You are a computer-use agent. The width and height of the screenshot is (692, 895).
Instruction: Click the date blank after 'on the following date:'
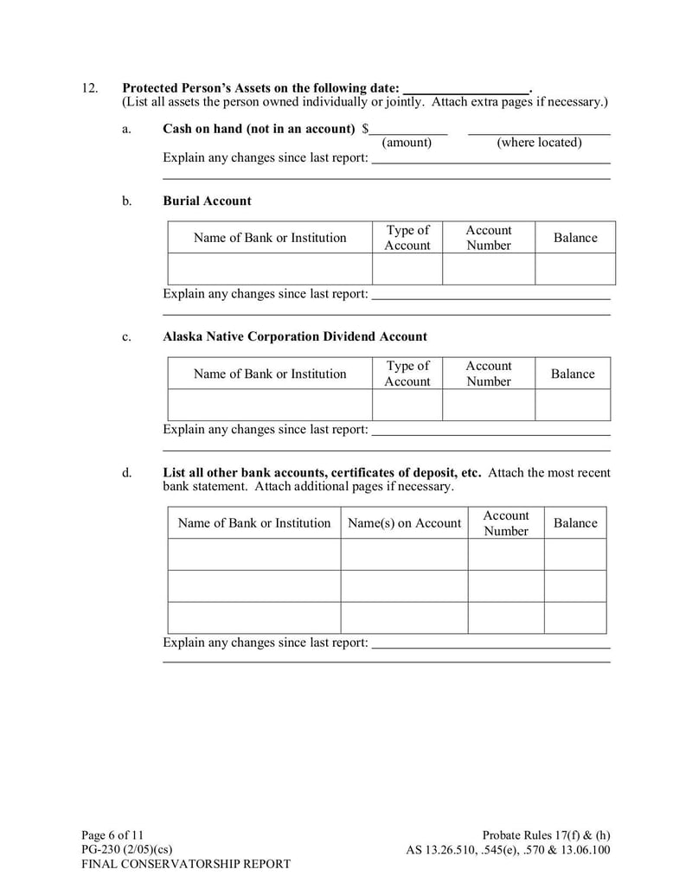pos(466,88)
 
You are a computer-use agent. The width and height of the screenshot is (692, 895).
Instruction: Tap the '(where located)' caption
pos(539,143)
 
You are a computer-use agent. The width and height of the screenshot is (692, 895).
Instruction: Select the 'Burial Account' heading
pos(207,201)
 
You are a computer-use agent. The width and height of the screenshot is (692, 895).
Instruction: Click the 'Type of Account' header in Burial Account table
pos(407,238)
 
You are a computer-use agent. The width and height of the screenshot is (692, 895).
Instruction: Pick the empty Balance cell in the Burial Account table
pos(574,269)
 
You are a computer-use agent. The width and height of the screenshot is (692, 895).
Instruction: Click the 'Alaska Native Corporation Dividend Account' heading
pos(295,336)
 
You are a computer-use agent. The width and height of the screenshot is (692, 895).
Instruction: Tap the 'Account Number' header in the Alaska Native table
pos(489,374)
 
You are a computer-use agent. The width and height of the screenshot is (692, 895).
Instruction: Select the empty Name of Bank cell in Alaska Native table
pos(269,405)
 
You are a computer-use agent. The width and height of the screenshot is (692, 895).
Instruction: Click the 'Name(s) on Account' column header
pos(404,523)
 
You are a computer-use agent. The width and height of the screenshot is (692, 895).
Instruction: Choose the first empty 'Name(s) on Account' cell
pos(404,554)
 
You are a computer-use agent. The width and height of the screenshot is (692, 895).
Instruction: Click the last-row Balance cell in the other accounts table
pos(574,617)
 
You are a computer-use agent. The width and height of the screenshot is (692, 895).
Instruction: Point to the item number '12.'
pos(90,88)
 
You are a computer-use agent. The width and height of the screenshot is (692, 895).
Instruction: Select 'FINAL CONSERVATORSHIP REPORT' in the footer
pos(186,864)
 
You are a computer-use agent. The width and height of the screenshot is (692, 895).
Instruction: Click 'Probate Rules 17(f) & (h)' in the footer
pos(546,835)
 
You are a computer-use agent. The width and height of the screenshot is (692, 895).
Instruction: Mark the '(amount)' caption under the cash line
pos(407,143)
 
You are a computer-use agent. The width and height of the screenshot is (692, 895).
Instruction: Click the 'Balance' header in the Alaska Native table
pos(573,374)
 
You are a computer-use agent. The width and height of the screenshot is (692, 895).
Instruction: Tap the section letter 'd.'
pos(127,473)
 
